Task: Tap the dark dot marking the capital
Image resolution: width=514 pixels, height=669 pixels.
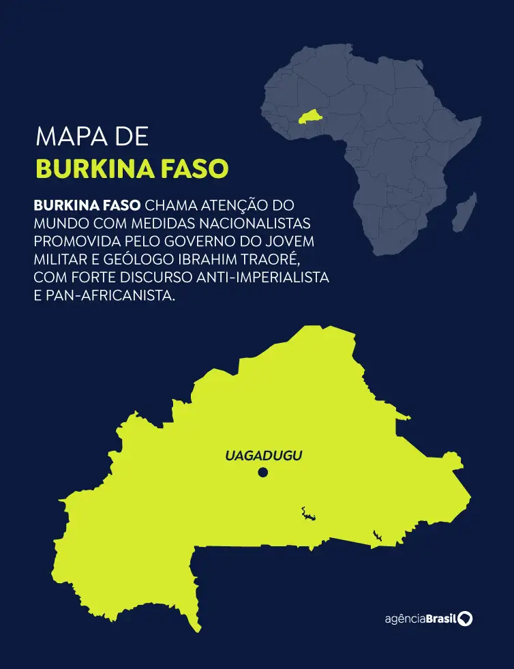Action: (x=263, y=473)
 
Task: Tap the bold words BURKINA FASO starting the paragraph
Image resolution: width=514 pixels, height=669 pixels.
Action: (x=87, y=205)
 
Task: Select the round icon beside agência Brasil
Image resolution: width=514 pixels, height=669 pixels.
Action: (x=466, y=619)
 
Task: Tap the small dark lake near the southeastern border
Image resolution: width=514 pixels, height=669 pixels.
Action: (x=376, y=536)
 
